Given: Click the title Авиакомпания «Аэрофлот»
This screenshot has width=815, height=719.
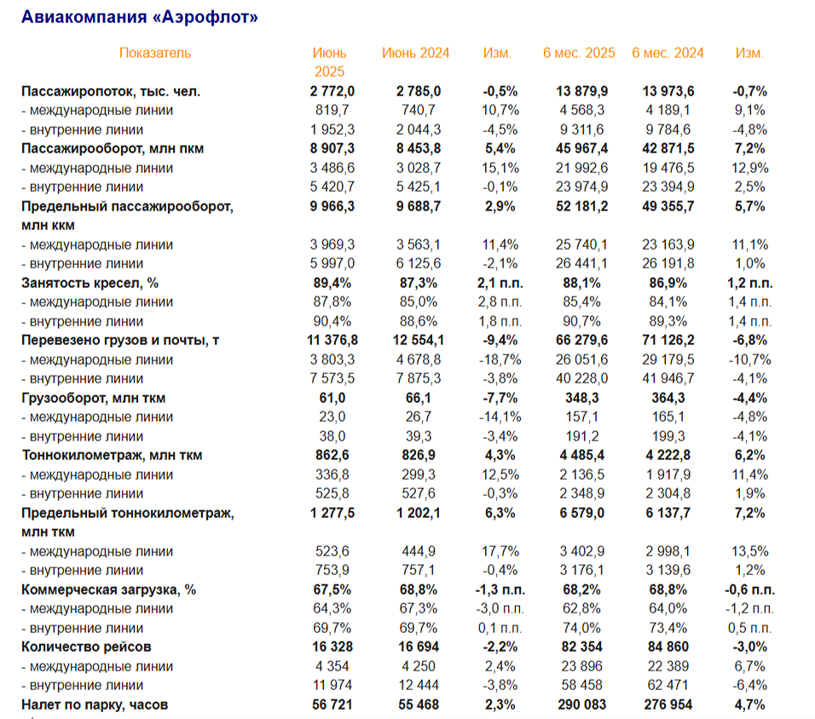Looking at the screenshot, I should click(139, 17).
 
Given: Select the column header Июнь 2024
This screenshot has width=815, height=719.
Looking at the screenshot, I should click(415, 53).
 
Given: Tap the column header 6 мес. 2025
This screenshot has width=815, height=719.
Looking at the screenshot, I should click(579, 53).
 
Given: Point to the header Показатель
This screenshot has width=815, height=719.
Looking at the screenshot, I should click(155, 53).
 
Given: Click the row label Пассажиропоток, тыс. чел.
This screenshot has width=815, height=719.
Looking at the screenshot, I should click(111, 91).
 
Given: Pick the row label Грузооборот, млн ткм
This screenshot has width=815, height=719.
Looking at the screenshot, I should click(93, 398).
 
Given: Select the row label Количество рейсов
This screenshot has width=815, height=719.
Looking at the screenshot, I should click(87, 647).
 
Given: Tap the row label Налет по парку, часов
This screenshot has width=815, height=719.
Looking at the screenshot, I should click(95, 705).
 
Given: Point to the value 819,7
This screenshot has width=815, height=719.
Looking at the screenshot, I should click(332, 110).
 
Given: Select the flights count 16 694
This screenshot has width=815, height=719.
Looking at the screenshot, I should click(418, 647).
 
